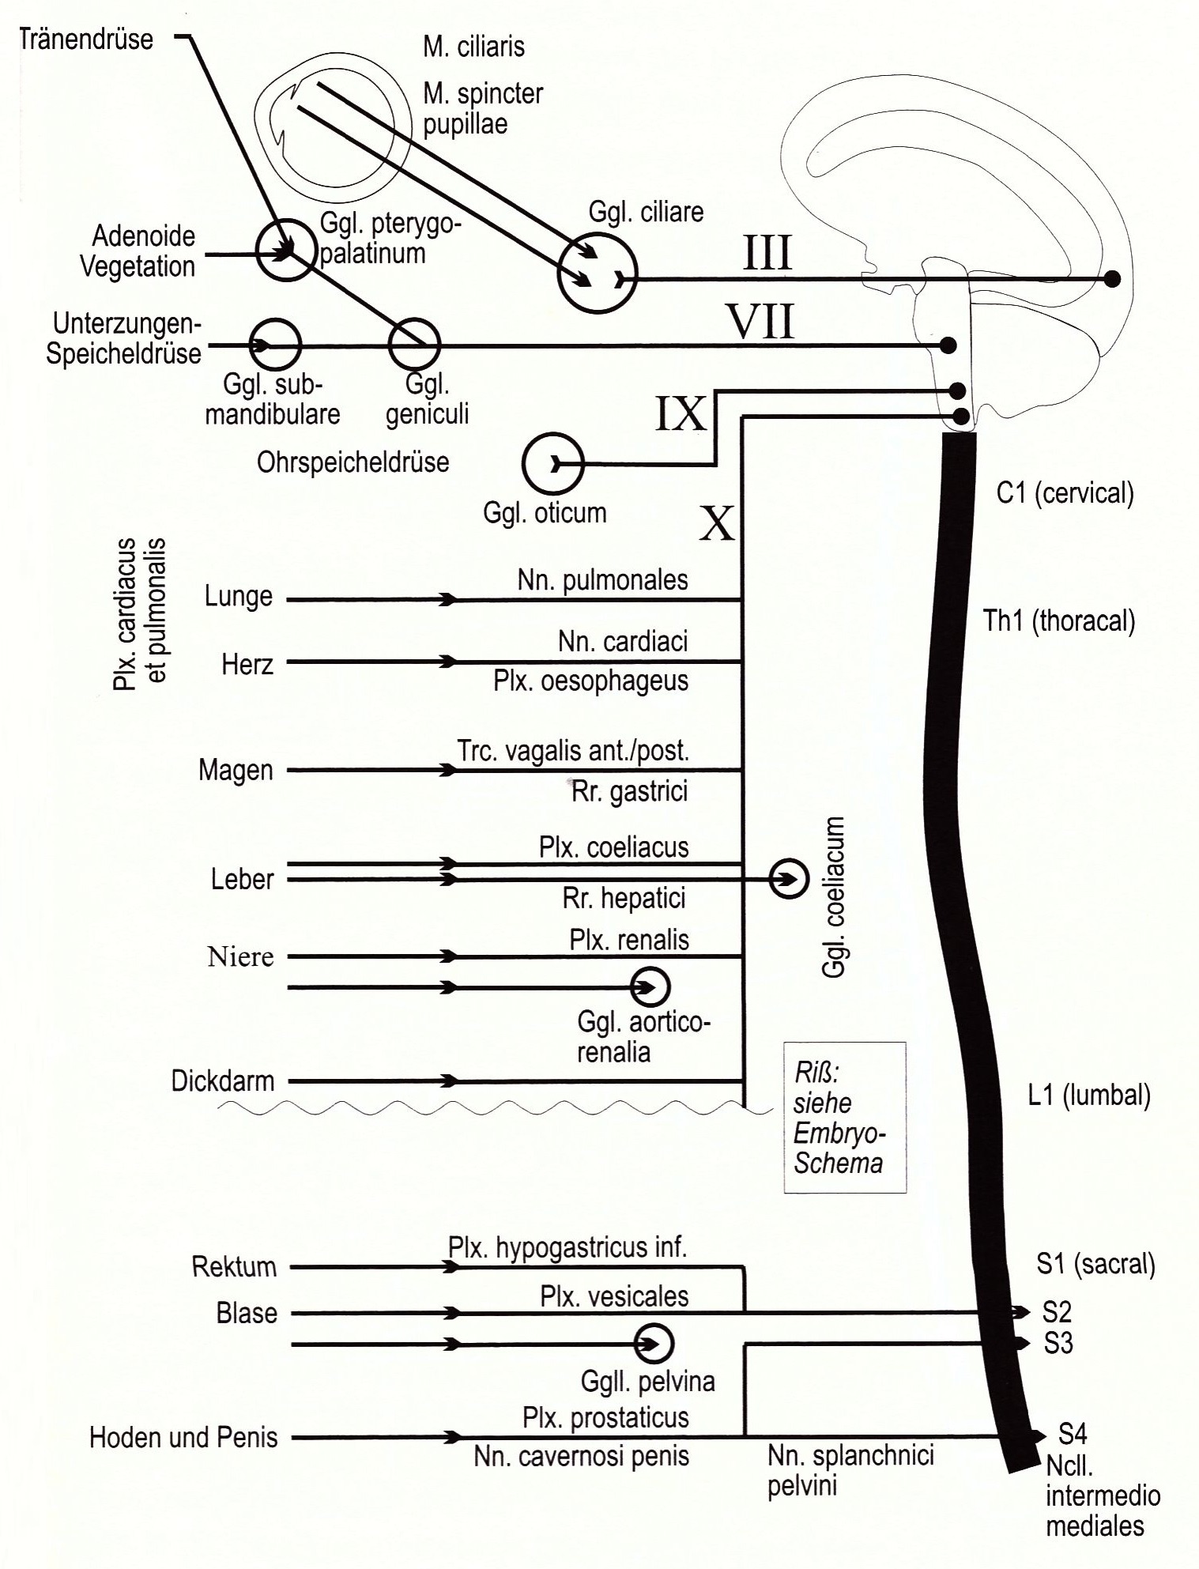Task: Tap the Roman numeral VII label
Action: pyautogui.click(x=760, y=322)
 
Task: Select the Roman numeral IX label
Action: pyautogui.click(x=681, y=413)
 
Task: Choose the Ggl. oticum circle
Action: pyautogui.click(x=552, y=463)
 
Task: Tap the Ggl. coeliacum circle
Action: pyautogui.click(x=789, y=878)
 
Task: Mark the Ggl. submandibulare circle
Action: pyautogui.click(x=276, y=345)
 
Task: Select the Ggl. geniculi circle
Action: pyautogui.click(x=414, y=345)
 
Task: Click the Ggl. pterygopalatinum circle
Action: pyautogui.click(x=286, y=250)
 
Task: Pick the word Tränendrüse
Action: pyautogui.click(x=85, y=39)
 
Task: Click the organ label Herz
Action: pyautogui.click(x=247, y=664)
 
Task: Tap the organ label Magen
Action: pyautogui.click(x=236, y=770)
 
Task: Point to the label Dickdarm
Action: pyautogui.click(x=223, y=1081)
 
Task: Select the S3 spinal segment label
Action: pyautogui.click(x=1058, y=1343)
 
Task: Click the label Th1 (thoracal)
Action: pyautogui.click(x=1058, y=621)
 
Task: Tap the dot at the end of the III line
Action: pyautogui.click(x=1112, y=278)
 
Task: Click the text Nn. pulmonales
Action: pyautogui.click(x=602, y=580)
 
